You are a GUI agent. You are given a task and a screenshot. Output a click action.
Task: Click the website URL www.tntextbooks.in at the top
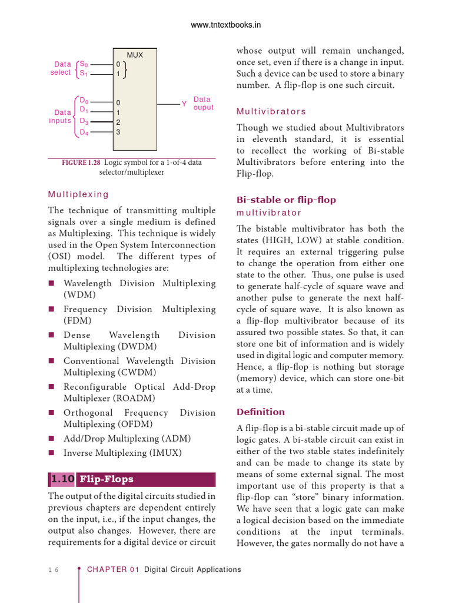tap(226, 25)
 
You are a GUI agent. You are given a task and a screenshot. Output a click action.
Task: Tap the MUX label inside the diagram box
tap(135, 55)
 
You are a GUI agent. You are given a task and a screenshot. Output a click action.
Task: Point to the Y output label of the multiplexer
tap(184, 104)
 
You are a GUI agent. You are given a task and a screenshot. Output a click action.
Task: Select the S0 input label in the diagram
tap(84, 64)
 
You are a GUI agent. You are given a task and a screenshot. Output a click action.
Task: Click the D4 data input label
tap(84, 132)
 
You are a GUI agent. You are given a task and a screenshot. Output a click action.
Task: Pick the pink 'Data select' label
tap(62, 68)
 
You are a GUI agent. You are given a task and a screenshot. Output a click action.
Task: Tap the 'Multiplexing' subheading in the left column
tap(78, 194)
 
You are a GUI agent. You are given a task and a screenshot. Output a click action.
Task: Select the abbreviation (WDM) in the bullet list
tap(79, 295)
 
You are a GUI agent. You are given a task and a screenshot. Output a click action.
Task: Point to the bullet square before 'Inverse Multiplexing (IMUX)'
tap(51, 453)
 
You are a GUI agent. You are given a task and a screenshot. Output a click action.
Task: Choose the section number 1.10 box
tap(62, 479)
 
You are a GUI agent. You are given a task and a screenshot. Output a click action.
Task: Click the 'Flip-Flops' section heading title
tap(107, 479)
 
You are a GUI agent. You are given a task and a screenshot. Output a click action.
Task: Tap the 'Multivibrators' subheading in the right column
tap(271, 111)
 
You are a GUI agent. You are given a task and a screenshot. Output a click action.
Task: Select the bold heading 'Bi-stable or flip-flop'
tap(286, 200)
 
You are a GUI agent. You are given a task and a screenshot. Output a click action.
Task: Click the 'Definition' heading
tap(260, 412)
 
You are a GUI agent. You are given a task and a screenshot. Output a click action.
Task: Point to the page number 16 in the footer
tap(53, 569)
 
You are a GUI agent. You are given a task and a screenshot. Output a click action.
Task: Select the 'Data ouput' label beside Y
tap(203, 104)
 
